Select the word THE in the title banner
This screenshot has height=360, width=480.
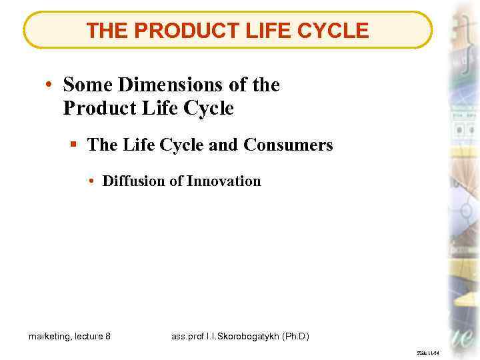(x=107, y=30)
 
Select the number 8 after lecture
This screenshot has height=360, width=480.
(x=108, y=336)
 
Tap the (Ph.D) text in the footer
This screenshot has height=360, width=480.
(x=297, y=336)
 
